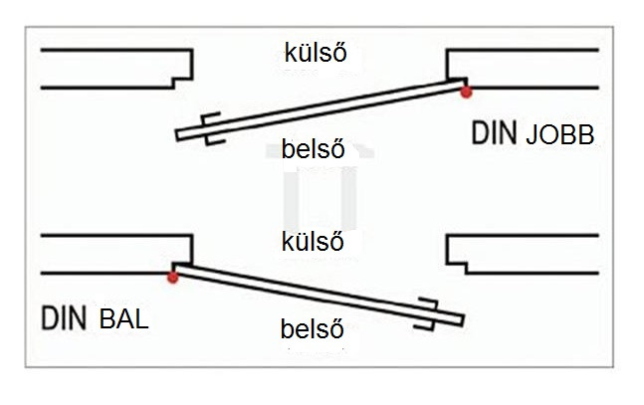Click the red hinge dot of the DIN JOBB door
tap(466, 92)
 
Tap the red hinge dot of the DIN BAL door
tap(173, 278)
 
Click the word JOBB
tap(560, 134)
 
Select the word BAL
tap(123, 319)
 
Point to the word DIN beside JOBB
tap(494, 132)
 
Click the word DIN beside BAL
tap(64, 317)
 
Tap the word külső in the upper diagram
tap(316, 53)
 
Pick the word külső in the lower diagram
tap(313, 242)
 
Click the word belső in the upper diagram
tap(313, 148)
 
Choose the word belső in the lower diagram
tap(313, 329)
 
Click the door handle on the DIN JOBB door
tap(212, 128)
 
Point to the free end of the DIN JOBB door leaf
tap(178, 135)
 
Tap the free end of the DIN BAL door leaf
tap(463, 320)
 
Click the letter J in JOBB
tap(532, 134)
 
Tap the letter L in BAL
tap(141, 319)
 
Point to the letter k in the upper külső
tap(291, 53)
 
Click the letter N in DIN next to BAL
tap(78, 317)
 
